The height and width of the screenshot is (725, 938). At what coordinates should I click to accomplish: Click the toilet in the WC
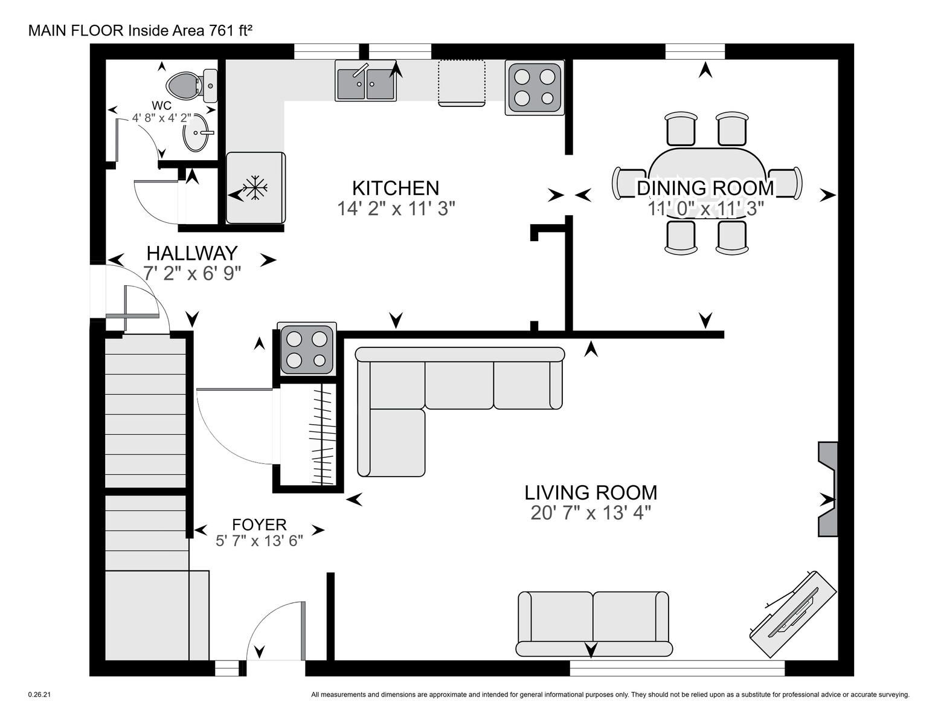pyautogui.click(x=191, y=85)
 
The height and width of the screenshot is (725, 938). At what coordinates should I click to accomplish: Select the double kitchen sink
pyautogui.click(x=365, y=81)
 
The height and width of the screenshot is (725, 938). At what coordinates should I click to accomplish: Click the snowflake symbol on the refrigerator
pyautogui.click(x=255, y=188)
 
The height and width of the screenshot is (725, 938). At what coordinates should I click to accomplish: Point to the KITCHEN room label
pyautogui.click(x=396, y=188)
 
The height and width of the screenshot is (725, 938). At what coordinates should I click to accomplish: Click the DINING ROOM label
pyautogui.click(x=705, y=188)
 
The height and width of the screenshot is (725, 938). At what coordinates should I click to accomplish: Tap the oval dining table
pyautogui.click(x=707, y=184)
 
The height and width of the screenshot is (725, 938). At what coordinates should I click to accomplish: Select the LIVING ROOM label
pyautogui.click(x=591, y=492)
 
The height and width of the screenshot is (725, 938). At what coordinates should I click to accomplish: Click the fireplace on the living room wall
pyautogui.click(x=828, y=489)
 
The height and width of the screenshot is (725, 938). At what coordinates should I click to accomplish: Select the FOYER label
pyautogui.click(x=259, y=524)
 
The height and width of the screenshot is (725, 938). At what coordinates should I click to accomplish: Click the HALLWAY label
pyautogui.click(x=192, y=253)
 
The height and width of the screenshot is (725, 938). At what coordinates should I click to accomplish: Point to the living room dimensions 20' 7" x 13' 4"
pyautogui.click(x=591, y=513)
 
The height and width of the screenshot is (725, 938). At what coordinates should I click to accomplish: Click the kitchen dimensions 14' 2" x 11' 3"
pyautogui.click(x=396, y=208)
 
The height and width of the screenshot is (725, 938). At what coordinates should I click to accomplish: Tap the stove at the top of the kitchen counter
pyautogui.click(x=535, y=88)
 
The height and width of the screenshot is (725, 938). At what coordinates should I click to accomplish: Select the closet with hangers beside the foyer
pyautogui.click(x=308, y=437)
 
